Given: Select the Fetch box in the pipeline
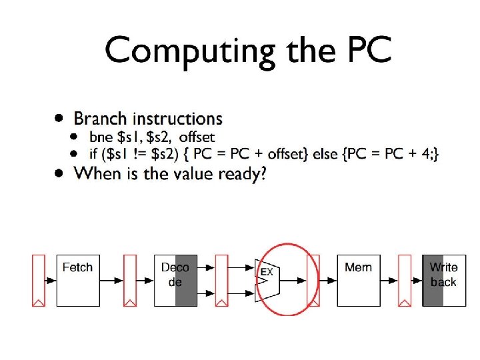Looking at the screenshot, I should (x=78, y=280).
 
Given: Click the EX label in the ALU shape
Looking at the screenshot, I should (x=267, y=272).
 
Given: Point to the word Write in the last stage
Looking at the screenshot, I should (x=444, y=267).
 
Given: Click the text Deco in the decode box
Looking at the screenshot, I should (x=175, y=267).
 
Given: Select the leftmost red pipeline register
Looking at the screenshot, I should (x=39, y=280).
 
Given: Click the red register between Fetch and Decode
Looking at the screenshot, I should (x=130, y=280).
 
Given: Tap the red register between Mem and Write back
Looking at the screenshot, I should (x=404, y=280).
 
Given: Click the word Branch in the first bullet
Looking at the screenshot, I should (x=101, y=119).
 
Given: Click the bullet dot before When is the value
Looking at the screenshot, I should (x=60, y=172).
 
